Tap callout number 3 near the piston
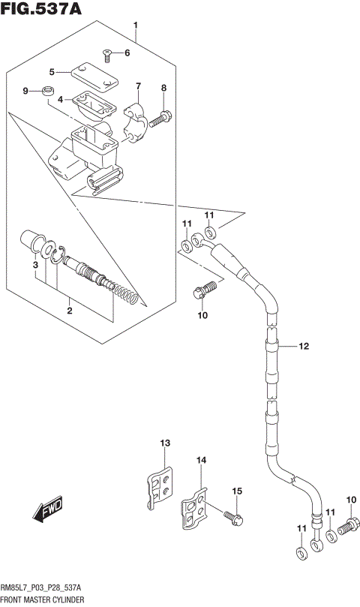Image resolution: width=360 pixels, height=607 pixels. point(34,265)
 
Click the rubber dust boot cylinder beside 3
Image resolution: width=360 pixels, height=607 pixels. point(34,241)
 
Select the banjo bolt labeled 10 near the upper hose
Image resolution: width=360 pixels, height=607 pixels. point(208,289)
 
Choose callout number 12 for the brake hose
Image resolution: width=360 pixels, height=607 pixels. point(304,346)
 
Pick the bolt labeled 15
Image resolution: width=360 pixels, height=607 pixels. point(232,516)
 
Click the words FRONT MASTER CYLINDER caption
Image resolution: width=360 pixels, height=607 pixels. point(42,600)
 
